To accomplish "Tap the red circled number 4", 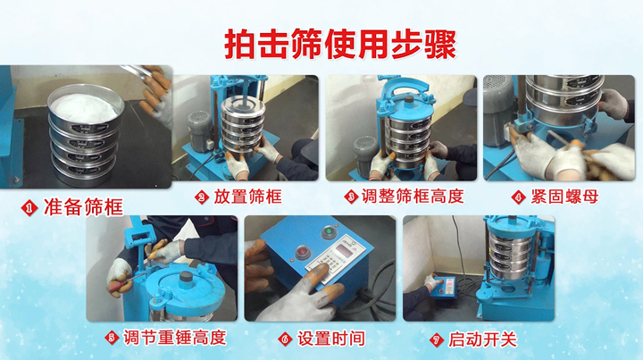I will coord(519,197).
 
